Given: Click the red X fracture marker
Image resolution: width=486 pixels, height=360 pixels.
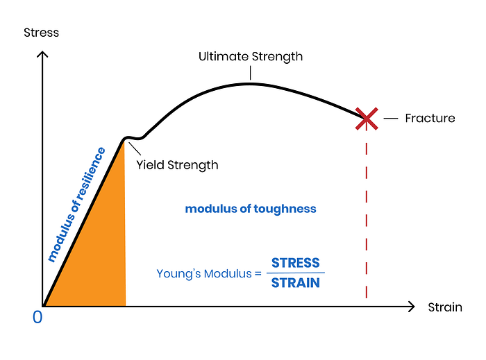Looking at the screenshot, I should pos(367,119).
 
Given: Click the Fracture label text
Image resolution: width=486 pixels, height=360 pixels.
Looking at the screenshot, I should pos(430,118).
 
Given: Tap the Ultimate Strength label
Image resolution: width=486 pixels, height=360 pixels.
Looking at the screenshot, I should pos(251,56).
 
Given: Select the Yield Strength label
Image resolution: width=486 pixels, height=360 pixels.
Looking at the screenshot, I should pos(177,165).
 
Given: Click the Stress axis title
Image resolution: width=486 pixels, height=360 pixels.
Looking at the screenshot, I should pos(42,33).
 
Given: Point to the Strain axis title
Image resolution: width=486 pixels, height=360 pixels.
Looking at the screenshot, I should pos(445,307).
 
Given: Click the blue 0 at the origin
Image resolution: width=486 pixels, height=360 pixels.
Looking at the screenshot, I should pos(37,317).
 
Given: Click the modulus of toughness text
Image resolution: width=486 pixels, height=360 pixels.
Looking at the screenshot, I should pos(251,209).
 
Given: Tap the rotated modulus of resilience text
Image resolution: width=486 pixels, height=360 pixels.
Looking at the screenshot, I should pos(76,205).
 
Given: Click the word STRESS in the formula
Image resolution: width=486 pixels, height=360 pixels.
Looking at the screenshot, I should pos(296,263).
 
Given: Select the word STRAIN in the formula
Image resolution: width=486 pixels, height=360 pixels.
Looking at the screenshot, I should pos(296,283).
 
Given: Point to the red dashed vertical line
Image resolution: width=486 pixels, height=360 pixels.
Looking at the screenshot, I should pos(367,222).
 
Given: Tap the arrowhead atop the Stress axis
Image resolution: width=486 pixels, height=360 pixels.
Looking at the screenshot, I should pos(43,53).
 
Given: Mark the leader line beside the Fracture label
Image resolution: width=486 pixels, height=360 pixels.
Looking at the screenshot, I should pos(392,119).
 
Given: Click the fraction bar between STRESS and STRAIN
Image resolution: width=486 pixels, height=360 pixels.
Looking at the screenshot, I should pos(296,273).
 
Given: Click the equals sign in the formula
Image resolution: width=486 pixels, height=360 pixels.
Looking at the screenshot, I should pos(258,273).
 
